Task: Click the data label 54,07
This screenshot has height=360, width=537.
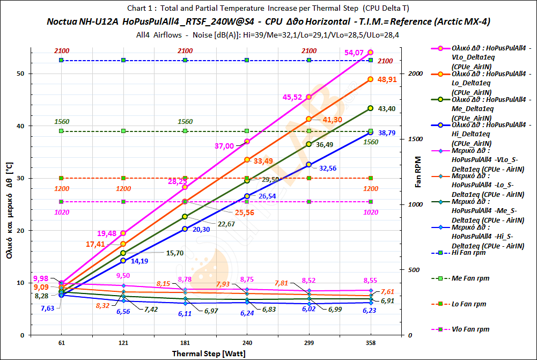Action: tap(356, 53)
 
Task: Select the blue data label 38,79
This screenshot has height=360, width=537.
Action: tap(389, 132)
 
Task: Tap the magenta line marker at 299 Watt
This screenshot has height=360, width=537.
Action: tap(309, 97)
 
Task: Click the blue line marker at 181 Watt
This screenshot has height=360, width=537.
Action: tap(185, 229)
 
